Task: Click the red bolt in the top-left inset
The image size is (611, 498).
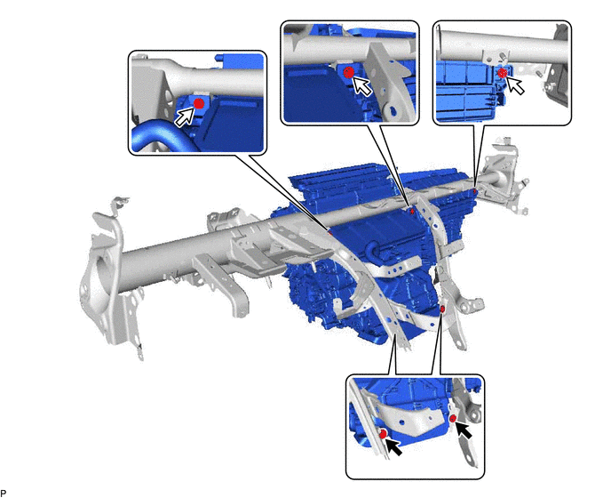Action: (x=199, y=103)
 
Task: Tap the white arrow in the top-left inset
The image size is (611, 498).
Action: (x=185, y=116)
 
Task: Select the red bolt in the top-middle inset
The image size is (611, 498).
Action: (x=349, y=72)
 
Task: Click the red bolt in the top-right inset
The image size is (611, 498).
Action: (x=503, y=72)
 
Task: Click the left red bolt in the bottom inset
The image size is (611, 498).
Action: (x=383, y=434)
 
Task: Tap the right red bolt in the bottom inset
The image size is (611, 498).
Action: (x=453, y=419)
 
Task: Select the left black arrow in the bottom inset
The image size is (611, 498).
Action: (x=393, y=446)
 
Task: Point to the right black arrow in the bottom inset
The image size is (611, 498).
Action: (x=464, y=430)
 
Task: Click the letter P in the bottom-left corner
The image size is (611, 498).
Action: (x=4, y=493)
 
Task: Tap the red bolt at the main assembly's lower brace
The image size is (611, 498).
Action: (x=442, y=309)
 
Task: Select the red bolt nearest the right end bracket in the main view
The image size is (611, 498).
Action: (x=474, y=191)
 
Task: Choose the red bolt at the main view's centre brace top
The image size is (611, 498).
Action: (x=412, y=211)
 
